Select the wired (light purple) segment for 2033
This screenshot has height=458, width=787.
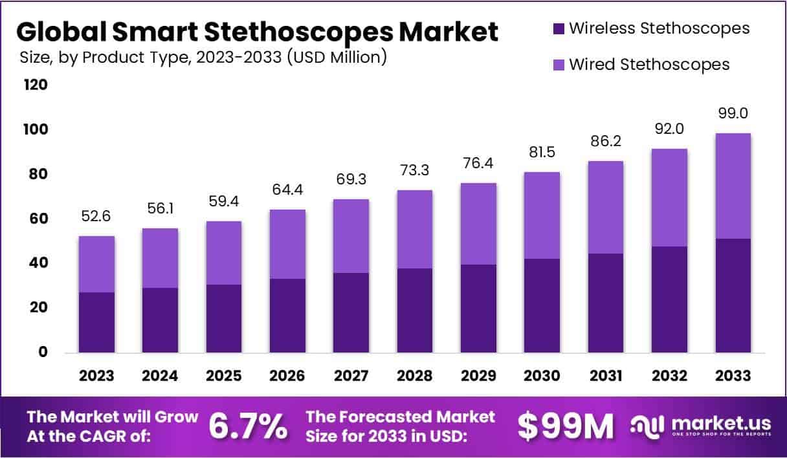tap(733, 186)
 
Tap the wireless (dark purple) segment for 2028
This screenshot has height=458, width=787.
tap(414, 311)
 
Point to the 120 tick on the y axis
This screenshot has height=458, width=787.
tap(36, 85)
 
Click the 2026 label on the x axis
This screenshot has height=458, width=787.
tap(287, 376)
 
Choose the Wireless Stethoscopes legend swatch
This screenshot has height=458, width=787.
tap(559, 28)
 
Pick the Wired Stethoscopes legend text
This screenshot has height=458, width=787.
tap(649, 65)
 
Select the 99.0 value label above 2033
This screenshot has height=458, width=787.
tap(733, 113)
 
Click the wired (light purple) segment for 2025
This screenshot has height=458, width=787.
tap(223, 253)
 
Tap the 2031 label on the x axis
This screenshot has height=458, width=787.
tap(606, 376)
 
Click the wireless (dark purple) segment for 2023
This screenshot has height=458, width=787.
tap(96, 322)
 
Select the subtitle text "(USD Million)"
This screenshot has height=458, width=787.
tap(338, 58)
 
